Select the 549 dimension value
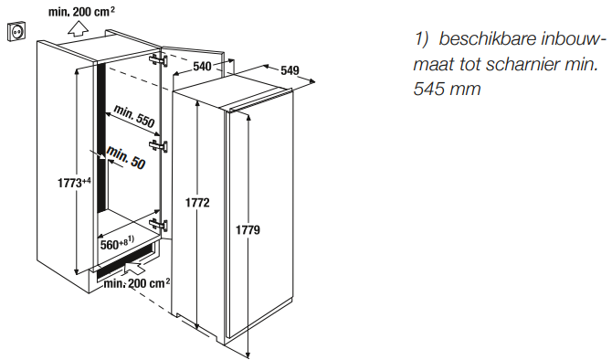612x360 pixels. coord(290,70)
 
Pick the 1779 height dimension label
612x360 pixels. coord(248,230)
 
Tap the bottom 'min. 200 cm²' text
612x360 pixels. coord(137,284)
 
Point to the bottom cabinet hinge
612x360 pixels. coord(160,225)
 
